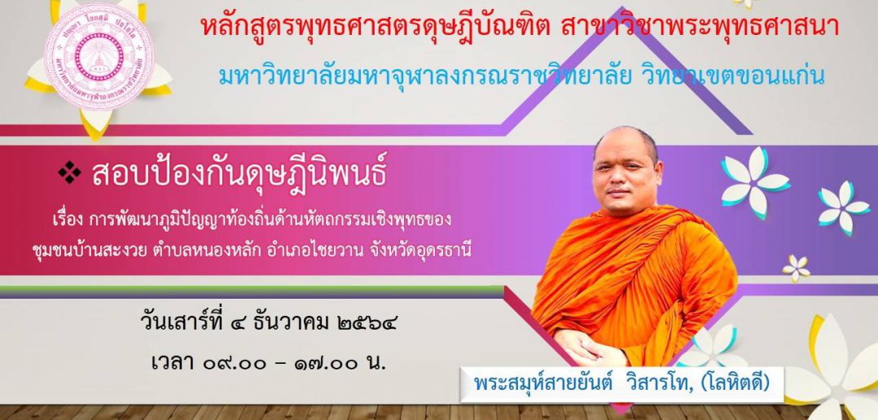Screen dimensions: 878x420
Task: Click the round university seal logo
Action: coord(99,57)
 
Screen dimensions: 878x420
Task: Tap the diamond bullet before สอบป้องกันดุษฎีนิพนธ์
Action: coord(69,173)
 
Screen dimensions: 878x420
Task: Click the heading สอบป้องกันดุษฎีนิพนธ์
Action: coord(239,174)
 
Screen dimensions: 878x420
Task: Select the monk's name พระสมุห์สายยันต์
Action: coord(542,383)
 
